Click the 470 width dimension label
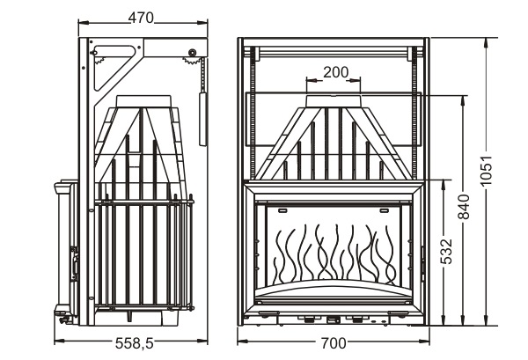coord(142,17)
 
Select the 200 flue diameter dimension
coord(336,71)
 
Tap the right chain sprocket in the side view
coord(191,59)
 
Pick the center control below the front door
coord(335,312)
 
